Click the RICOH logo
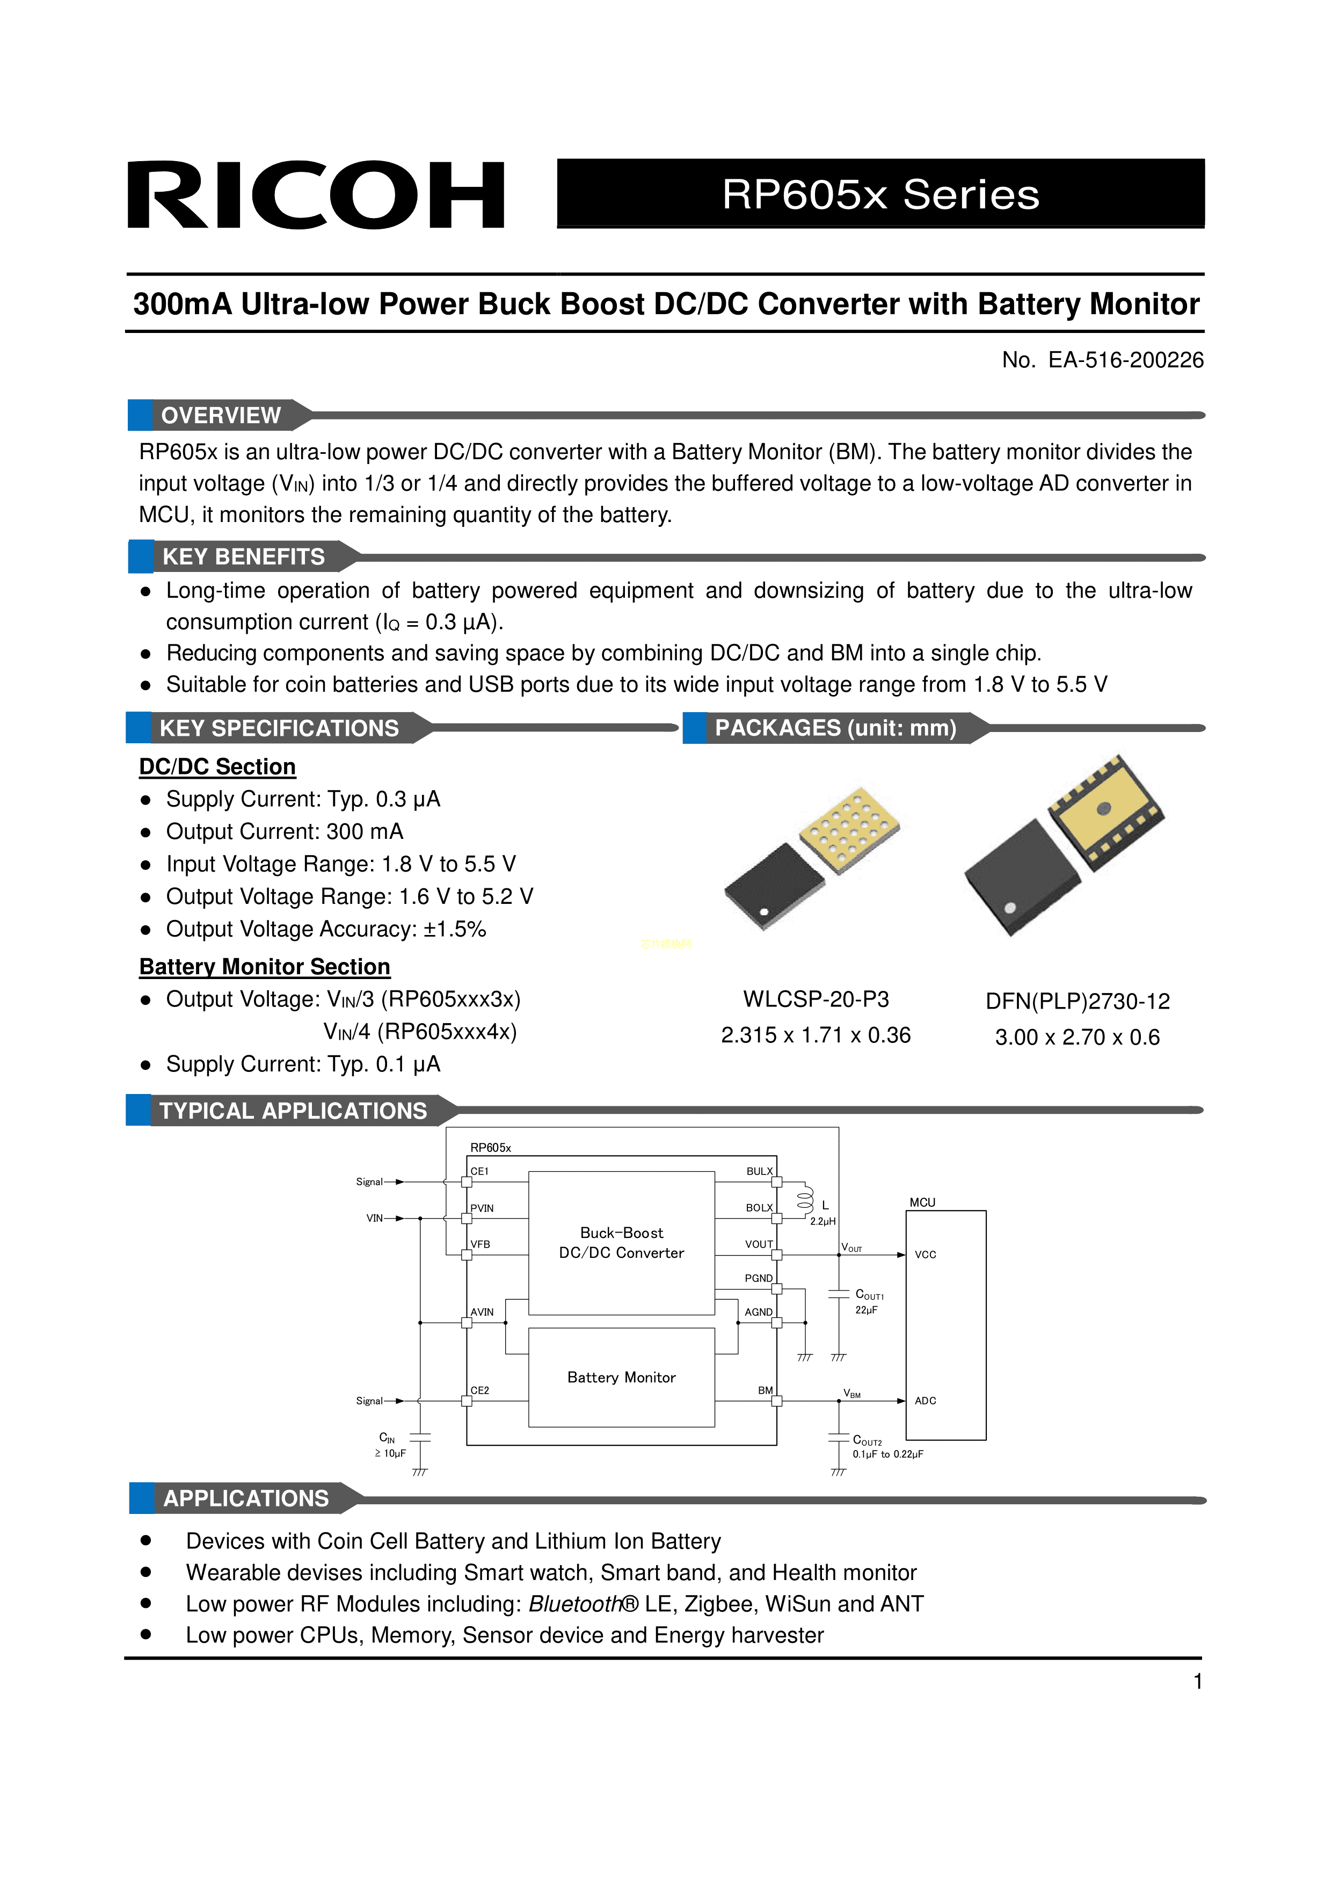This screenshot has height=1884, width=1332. tap(316, 195)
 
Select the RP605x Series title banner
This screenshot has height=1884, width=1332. tap(880, 194)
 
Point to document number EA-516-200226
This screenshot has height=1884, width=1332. tap(1102, 360)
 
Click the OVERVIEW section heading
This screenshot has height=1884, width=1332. tap(221, 415)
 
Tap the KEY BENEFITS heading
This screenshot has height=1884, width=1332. tap(244, 557)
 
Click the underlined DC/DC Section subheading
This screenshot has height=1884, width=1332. tap(217, 766)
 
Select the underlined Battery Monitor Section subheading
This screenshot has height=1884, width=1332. tap(264, 967)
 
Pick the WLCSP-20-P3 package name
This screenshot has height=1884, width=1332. tap(816, 999)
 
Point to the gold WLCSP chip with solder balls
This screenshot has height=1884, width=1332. tap(849, 829)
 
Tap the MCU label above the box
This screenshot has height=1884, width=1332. tap(922, 1202)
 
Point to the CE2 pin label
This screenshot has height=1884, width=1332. tap(480, 1390)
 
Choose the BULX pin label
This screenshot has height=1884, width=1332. tap(759, 1171)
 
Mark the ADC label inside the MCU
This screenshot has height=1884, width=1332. tap(925, 1401)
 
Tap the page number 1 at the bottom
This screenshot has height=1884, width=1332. tap(1197, 1682)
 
